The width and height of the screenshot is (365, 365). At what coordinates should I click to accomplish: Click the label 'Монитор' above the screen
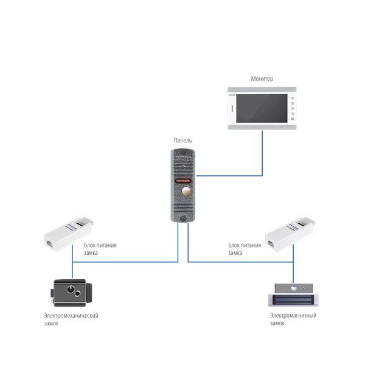262,79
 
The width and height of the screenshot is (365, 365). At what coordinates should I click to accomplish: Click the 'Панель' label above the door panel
182,141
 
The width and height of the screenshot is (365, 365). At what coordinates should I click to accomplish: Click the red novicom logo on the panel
182,181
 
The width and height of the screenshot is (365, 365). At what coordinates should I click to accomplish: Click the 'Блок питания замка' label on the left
99,248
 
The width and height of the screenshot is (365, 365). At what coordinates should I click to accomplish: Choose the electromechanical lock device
72,290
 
